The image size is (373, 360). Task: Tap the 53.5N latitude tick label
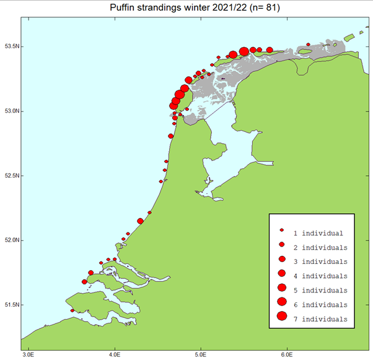(12, 46)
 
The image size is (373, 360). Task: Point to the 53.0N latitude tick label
(12, 111)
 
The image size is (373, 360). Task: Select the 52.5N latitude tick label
(12, 175)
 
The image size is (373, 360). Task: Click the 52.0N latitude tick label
(12, 240)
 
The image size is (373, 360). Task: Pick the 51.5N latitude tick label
(12, 304)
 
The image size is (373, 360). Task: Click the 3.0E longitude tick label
(29, 355)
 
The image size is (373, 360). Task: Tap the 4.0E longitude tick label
(115, 355)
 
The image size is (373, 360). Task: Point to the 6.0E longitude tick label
(286, 355)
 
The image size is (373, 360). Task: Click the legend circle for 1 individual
(281, 233)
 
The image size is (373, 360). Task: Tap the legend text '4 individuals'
(320, 276)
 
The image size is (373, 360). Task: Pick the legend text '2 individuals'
(320, 247)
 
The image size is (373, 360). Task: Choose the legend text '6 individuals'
(320, 304)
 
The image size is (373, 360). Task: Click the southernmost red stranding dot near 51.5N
(72, 310)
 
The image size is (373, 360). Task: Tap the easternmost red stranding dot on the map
(308, 44)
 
